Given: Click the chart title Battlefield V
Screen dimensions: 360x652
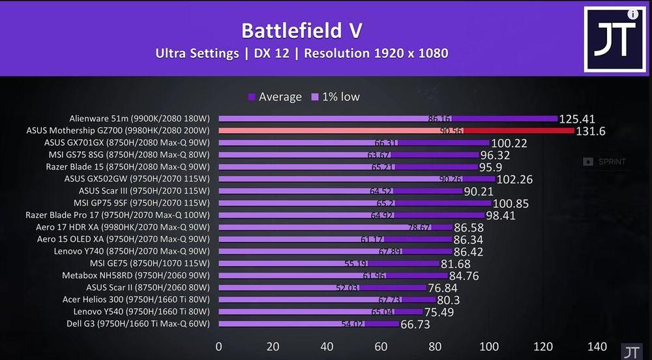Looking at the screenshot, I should (301, 31).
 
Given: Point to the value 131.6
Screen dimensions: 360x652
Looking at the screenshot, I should (591, 131).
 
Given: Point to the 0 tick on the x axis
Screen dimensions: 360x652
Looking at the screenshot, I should (218, 346).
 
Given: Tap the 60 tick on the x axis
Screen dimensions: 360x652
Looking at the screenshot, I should (381, 346).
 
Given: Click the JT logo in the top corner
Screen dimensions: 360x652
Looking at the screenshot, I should (614, 40).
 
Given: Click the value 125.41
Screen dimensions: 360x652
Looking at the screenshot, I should (580, 119).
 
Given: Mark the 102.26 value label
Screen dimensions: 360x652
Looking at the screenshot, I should (514, 179).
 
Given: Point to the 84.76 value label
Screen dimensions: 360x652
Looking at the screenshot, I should (464, 276).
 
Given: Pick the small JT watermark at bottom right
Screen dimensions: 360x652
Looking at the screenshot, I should (630, 352).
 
